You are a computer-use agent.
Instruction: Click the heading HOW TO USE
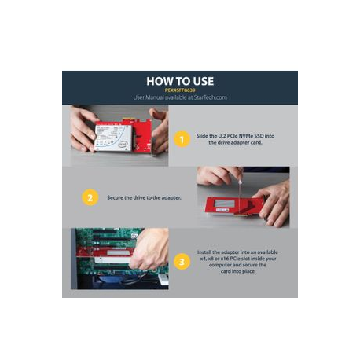pyautogui.click(x=180, y=80)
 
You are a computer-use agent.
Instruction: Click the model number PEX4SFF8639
pyautogui.click(x=180, y=90)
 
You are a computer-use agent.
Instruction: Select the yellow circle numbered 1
pyautogui.click(x=181, y=139)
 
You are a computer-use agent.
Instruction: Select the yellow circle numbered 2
pyautogui.click(x=90, y=197)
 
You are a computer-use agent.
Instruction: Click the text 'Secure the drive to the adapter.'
pyautogui.click(x=144, y=197)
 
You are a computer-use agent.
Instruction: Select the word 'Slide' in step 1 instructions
pyautogui.click(x=203, y=136)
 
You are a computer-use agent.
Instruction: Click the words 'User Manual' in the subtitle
pyautogui.click(x=158, y=97)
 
